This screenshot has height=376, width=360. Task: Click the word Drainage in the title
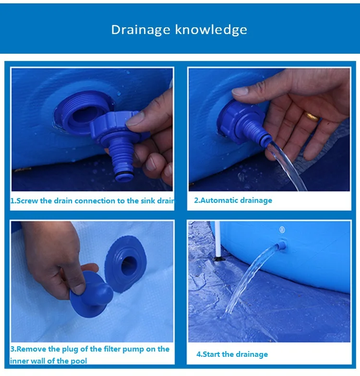[141, 30]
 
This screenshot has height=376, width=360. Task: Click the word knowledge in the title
[211, 30]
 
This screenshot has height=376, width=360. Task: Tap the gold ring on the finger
[312, 117]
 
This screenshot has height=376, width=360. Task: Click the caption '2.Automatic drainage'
[233, 200]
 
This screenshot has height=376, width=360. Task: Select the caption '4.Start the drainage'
[232, 354]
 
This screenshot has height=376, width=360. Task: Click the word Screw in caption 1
[27, 200]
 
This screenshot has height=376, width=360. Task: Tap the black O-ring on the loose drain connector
[124, 174]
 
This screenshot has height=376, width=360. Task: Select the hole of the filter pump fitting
[129, 266]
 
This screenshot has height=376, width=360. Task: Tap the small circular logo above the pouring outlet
[282, 230]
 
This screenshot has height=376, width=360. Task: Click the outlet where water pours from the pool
[281, 246]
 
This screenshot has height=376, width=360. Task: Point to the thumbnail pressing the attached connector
[240, 91]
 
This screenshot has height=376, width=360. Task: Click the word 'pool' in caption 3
[78, 361]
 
